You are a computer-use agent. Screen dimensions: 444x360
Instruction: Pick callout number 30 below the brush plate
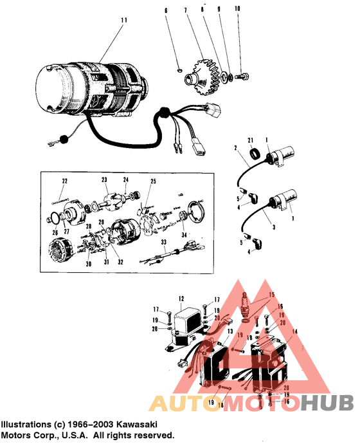click(89, 264)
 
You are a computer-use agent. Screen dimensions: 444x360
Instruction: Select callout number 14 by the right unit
click(295, 330)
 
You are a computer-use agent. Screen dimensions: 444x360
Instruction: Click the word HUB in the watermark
click(328, 403)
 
